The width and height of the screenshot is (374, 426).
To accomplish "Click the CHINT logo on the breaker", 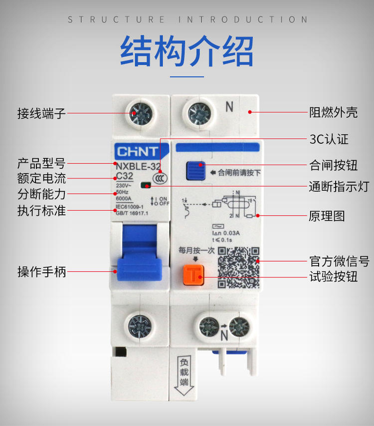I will [x=137, y=151].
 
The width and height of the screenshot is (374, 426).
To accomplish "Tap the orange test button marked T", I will [x=192, y=275].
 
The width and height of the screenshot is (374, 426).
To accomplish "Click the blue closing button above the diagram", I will [x=195, y=170].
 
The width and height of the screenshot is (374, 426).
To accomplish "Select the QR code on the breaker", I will [x=239, y=267].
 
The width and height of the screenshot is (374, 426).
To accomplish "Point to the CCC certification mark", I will [x=160, y=178].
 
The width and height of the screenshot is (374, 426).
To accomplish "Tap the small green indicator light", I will [x=146, y=186].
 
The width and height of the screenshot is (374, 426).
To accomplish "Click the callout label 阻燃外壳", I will [x=333, y=112].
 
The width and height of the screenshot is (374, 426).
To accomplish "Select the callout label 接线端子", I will [x=41, y=113].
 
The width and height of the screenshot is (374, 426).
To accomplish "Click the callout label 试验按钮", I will [x=333, y=276].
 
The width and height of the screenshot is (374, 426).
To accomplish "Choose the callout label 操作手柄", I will [x=41, y=272].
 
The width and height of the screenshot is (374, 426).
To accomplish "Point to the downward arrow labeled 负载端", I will [x=184, y=374].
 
